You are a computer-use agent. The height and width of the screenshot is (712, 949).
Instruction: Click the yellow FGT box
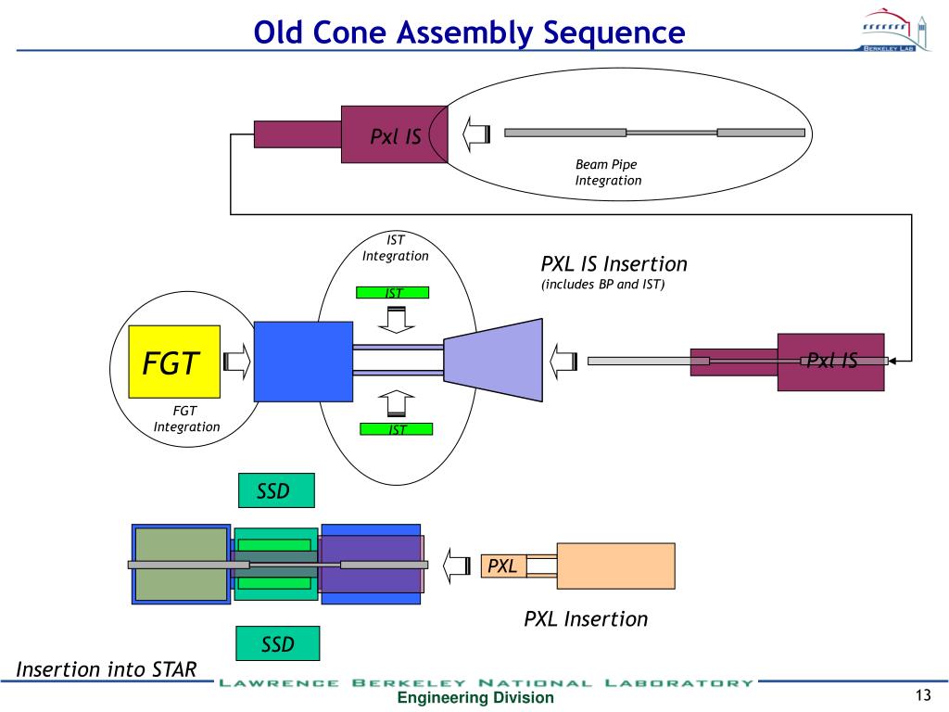click(174, 362)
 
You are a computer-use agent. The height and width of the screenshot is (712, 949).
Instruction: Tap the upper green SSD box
click(275, 491)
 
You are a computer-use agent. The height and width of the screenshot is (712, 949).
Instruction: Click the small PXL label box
click(503, 566)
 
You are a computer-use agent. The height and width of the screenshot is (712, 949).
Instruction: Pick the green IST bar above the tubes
click(394, 294)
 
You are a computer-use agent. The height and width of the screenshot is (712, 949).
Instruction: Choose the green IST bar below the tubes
click(397, 429)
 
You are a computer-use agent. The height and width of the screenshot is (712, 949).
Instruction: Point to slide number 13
click(921, 697)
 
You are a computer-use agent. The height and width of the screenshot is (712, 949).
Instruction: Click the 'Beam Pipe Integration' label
click(608, 172)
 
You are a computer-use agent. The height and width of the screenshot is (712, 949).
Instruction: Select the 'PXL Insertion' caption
click(586, 618)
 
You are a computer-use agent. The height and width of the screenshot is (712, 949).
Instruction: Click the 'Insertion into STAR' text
click(107, 669)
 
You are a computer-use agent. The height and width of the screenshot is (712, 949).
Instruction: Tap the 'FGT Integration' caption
click(186, 419)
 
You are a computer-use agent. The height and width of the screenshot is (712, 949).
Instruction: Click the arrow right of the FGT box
click(237, 362)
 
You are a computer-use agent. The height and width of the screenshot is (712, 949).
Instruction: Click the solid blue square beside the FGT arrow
click(303, 361)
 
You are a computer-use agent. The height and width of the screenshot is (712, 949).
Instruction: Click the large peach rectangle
click(615, 566)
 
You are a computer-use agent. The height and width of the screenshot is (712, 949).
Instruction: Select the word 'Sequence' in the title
click(615, 33)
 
